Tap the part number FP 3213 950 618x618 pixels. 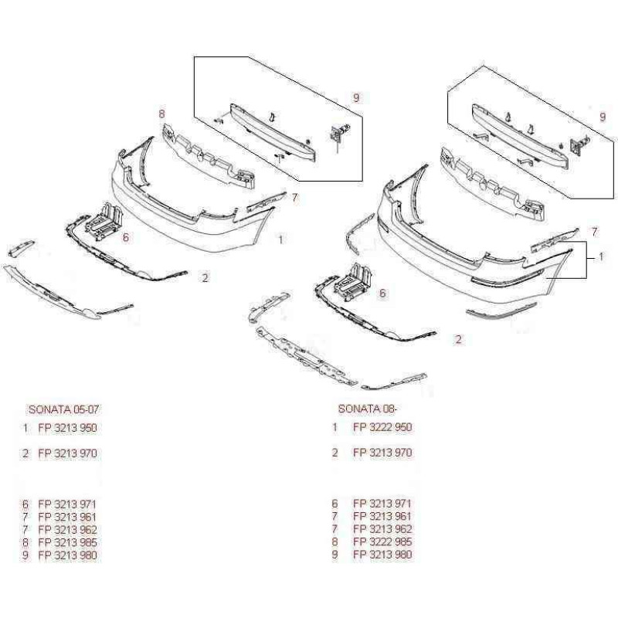(x=67, y=427)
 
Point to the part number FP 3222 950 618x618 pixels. (x=382, y=427)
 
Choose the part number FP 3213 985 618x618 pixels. (x=67, y=542)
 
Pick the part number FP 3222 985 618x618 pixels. (x=382, y=542)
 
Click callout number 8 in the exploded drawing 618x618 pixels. (x=162, y=114)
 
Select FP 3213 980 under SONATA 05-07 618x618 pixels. (x=67, y=555)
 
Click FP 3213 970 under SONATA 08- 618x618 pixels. (x=382, y=453)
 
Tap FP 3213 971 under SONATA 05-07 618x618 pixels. (x=67, y=504)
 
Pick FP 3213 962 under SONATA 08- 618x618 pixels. (x=382, y=529)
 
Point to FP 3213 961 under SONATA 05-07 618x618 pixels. (x=67, y=516)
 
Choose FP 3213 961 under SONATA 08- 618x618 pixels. (x=382, y=516)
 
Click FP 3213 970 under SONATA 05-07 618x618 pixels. (x=67, y=453)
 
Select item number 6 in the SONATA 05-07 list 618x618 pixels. (x=25, y=504)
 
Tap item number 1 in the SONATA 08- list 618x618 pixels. (x=334, y=427)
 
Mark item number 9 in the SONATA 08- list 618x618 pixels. (x=334, y=555)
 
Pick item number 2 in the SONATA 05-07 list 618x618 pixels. (x=25, y=453)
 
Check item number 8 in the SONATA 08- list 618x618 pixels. (x=334, y=542)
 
